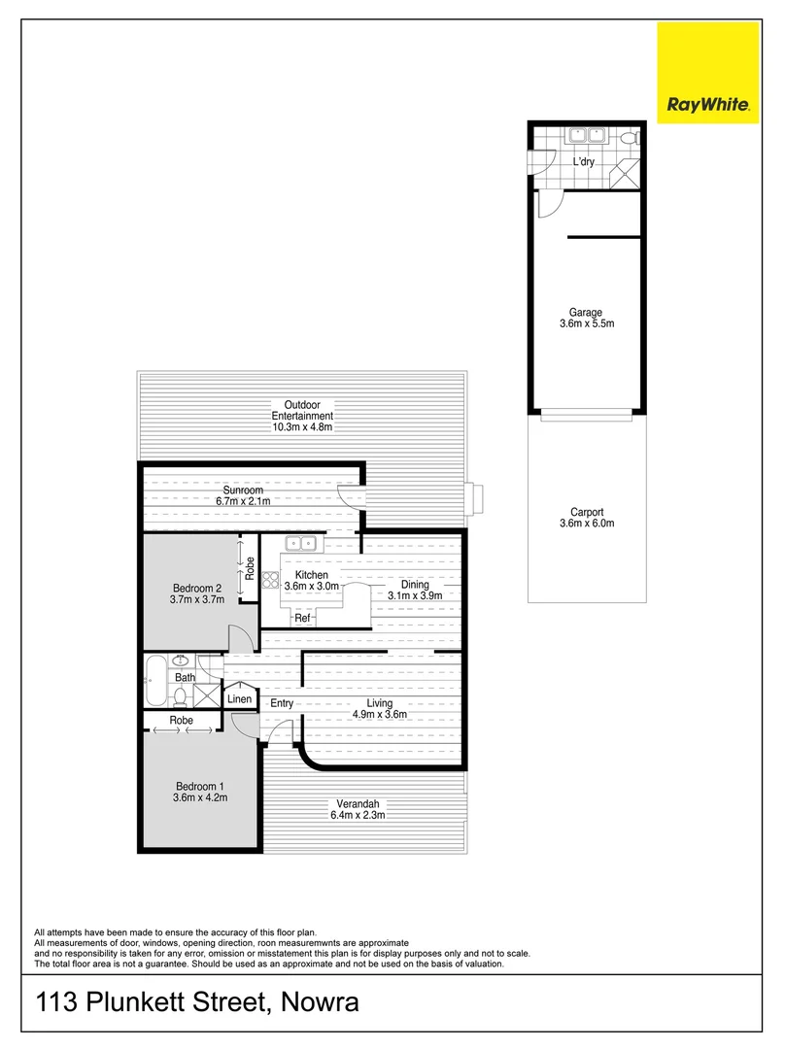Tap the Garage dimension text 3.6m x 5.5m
pyautogui.click(x=585, y=324)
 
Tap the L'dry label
pyautogui.click(x=583, y=161)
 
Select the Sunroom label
pyautogui.click(x=243, y=491)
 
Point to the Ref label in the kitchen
pyautogui.click(x=302, y=619)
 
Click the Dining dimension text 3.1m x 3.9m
pyautogui.click(x=415, y=595)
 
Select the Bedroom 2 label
pyautogui.click(x=198, y=587)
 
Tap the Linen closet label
pyautogui.click(x=239, y=699)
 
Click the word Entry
pyautogui.click(x=282, y=703)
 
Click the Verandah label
pyautogui.click(x=358, y=803)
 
